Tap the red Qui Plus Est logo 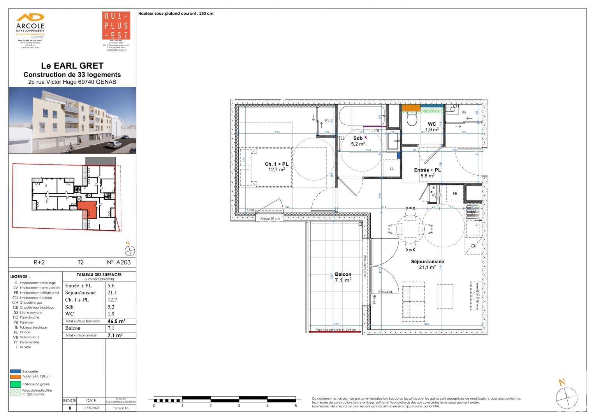click(x=116, y=26)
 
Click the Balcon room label click(x=343, y=277)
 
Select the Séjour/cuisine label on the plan click(x=427, y=264)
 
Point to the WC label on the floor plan click(x=432, y=126)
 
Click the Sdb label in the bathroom click(x=358, y=140)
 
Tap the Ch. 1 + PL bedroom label click(x=276, y=166)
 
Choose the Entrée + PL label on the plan click(x=427, y=172)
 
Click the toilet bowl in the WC click(x=411, y=119)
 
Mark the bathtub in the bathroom click(x=361, y=116)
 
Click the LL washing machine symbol click(x=391, y=169)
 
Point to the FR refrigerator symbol click(x=455, y=194)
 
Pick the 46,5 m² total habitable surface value click(x=116, y=321)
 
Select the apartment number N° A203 click(x=119, y=262)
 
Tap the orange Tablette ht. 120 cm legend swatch click(x=16, y=376)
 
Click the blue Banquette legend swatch click(x=16, y=371)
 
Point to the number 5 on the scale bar click(x=296, y=406)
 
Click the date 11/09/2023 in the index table click(x=91, y=408)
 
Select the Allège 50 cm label click(x=270, y=219)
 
